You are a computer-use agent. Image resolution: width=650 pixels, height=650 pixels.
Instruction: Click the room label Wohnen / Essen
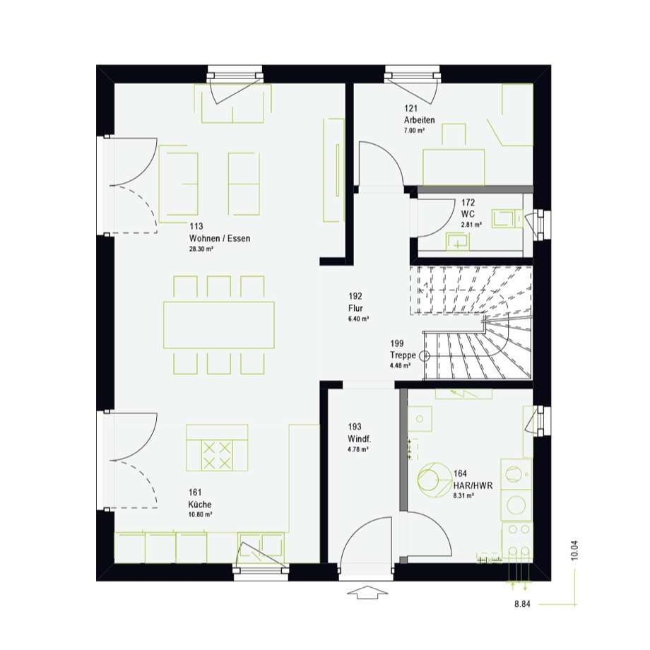click(220, 238)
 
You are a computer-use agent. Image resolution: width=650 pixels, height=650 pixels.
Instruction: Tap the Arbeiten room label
click(420, 120)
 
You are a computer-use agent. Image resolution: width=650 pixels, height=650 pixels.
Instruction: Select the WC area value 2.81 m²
click(471, 225)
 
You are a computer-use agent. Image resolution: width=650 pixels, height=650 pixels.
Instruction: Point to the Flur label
click(355, 309)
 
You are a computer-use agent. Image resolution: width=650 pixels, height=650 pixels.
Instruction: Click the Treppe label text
click(403, 355)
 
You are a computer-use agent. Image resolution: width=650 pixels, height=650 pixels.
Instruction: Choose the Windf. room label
click(360, 439)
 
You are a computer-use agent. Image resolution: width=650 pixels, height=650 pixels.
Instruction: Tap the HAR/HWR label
click(473, 485)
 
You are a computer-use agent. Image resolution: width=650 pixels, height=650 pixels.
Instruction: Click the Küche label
click(200, 504)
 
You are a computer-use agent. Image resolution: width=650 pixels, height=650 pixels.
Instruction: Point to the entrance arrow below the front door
click(366, 592)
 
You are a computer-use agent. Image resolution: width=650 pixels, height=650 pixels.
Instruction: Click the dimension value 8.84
click(522, 604)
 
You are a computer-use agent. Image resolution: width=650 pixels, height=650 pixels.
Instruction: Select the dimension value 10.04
click(574, 550)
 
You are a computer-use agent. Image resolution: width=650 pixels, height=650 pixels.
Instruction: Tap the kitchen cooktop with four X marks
click(217, 456)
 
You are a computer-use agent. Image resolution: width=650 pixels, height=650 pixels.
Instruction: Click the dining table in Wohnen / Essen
click(219, 324)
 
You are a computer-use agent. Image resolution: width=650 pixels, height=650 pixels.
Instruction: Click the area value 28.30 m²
click(201, 249)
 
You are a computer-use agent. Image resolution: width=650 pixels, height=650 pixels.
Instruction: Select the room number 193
click(355, 427)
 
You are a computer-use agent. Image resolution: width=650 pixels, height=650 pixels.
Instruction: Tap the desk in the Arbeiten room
click(454, 167)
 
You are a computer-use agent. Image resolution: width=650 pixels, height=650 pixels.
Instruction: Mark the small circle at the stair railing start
click(425, 355)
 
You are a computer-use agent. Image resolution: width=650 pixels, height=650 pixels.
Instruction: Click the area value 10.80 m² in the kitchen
click(200, 515)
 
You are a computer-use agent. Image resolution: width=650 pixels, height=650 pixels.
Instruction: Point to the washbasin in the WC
click(457, 242)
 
